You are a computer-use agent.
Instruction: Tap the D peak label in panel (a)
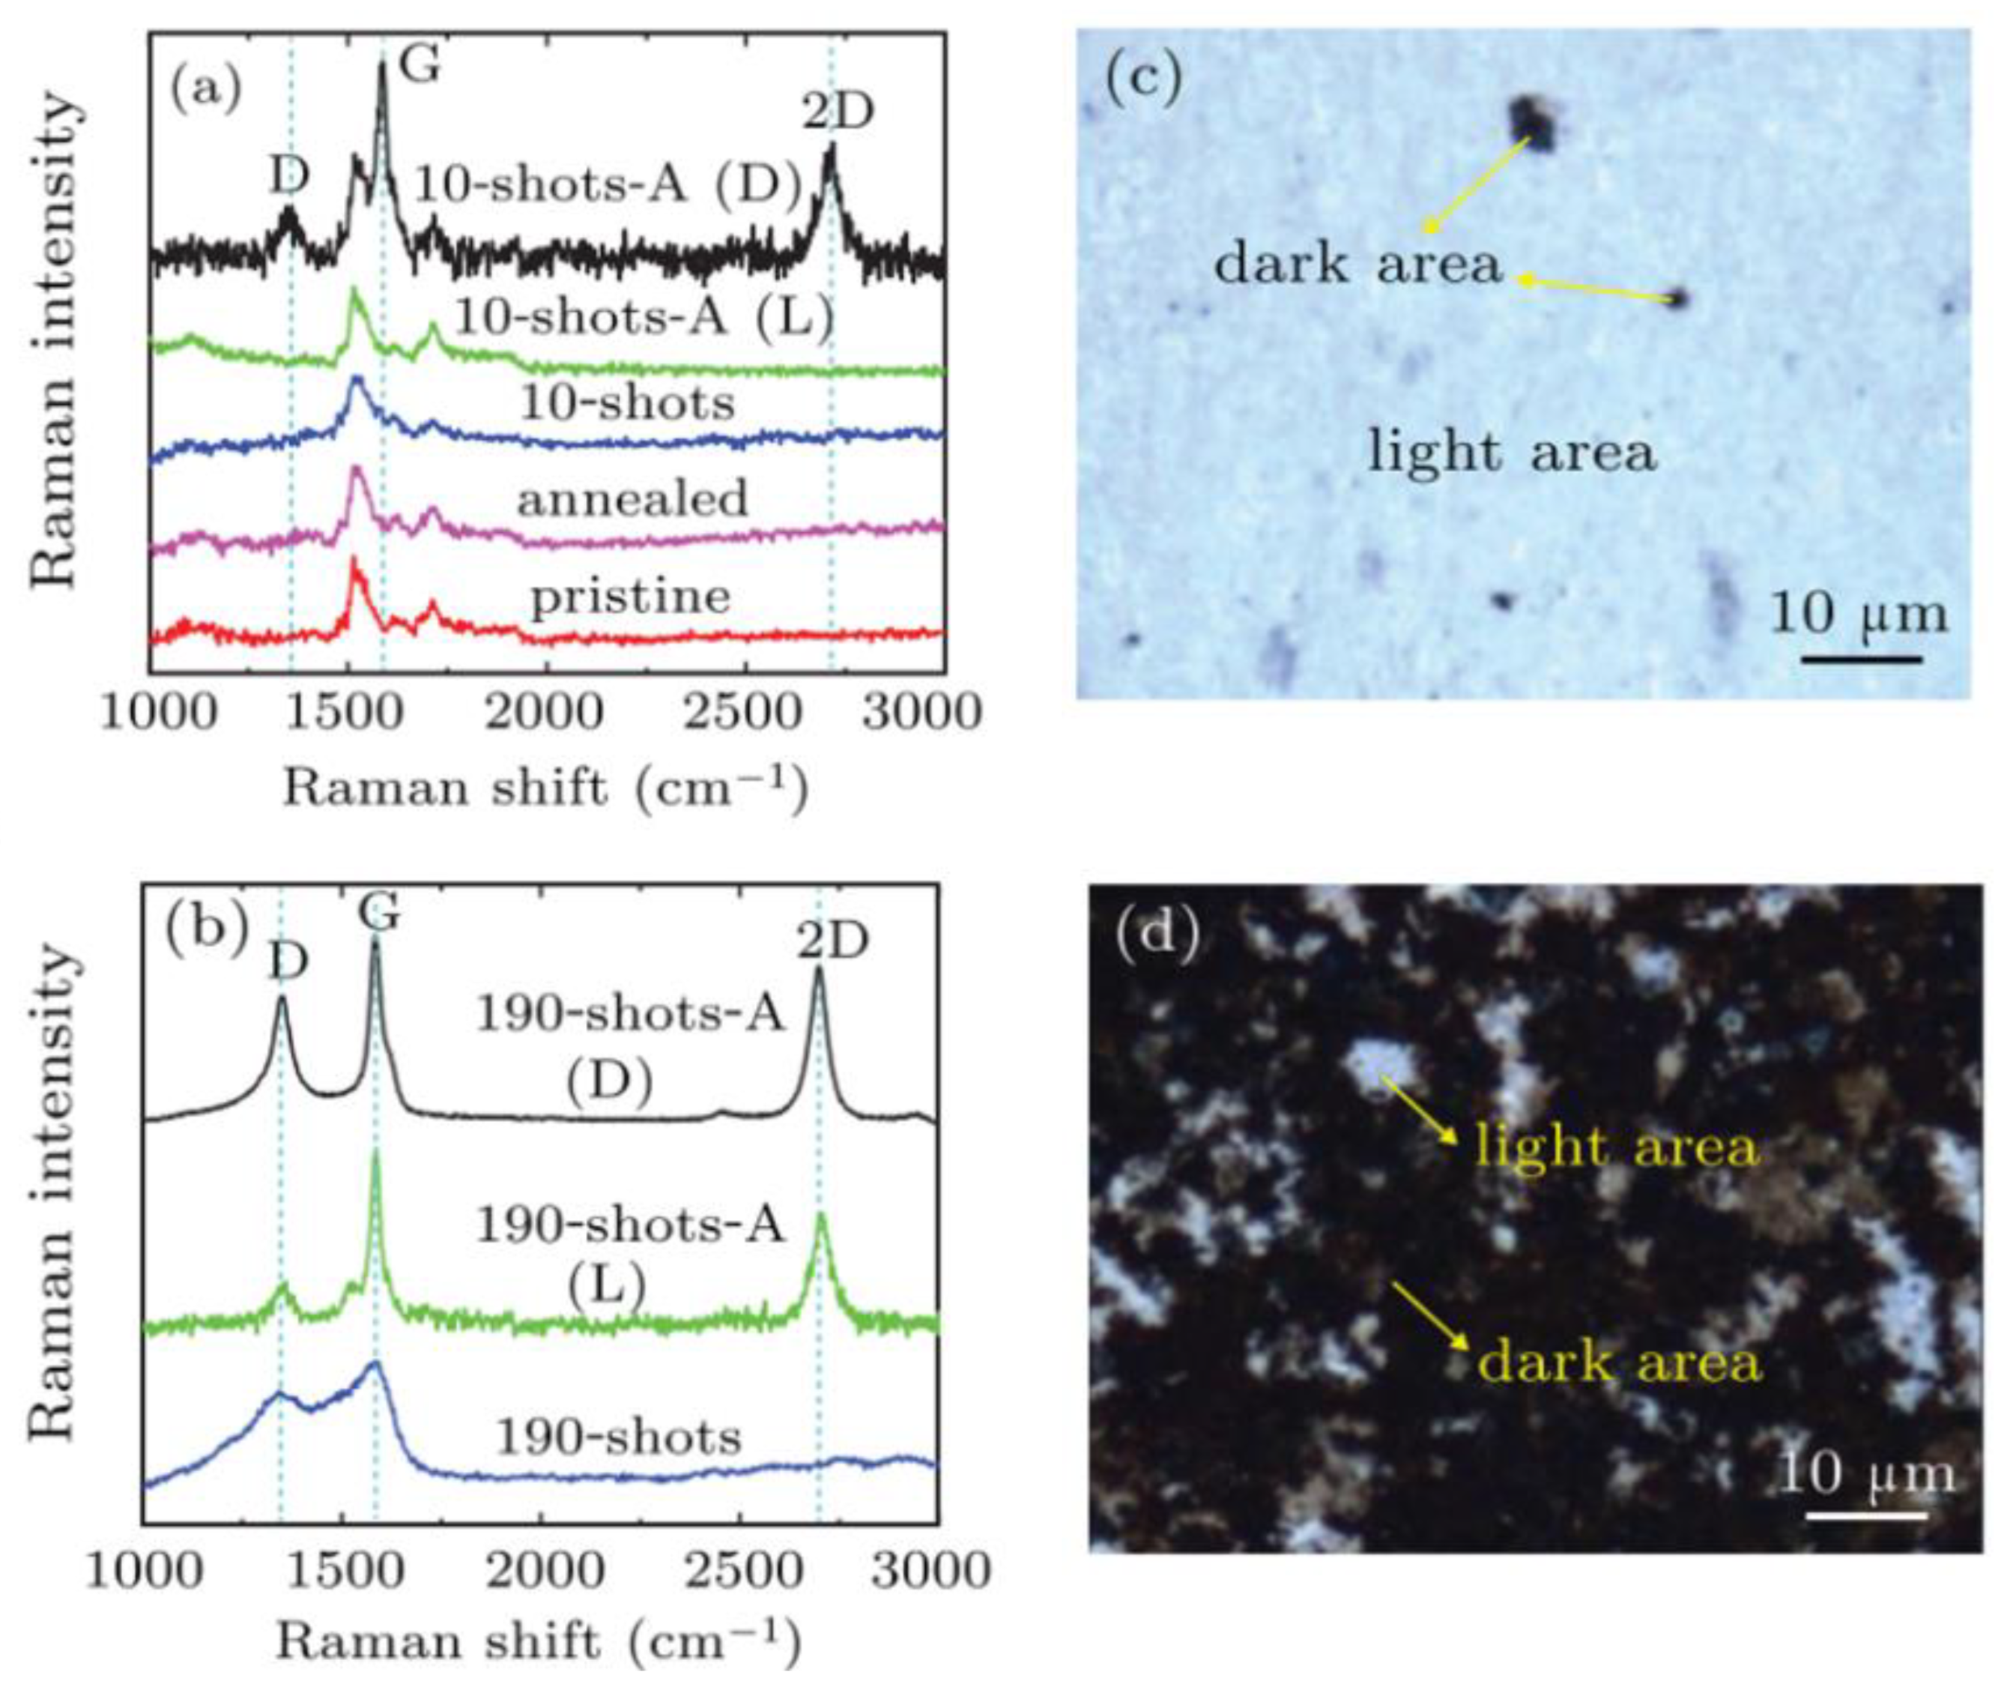289,176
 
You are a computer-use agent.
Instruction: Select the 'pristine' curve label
631,597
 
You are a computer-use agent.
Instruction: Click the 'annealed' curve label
632,499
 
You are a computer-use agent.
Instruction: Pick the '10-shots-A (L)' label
644,318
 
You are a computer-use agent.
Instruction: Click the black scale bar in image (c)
1862,659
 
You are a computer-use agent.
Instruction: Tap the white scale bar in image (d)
1866,1515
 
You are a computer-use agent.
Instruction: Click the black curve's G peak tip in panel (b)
375,942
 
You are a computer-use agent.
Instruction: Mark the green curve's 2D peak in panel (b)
820,1217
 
